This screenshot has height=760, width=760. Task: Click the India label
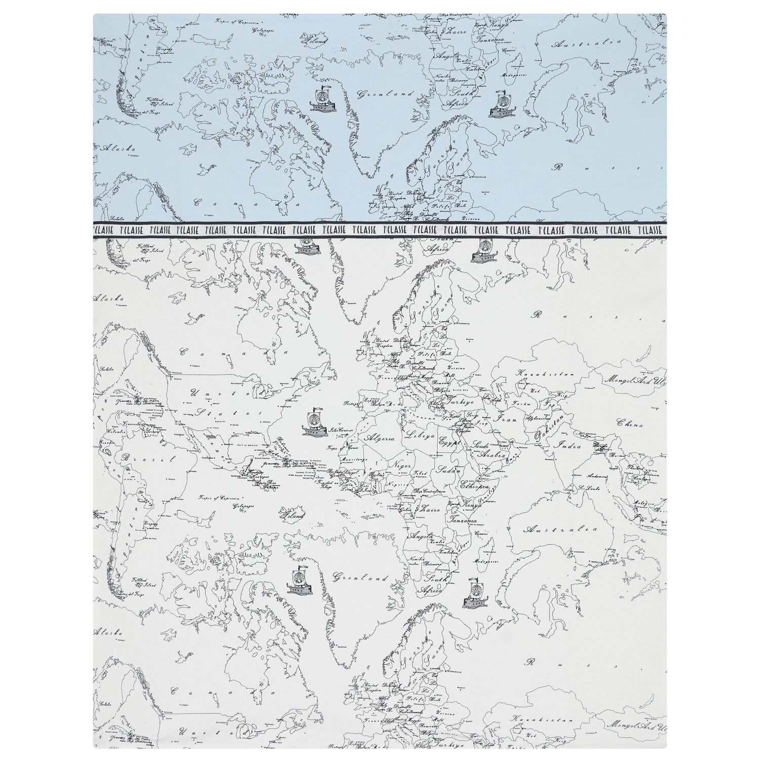coord(567,445)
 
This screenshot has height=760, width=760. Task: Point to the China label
coord(630,423)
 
